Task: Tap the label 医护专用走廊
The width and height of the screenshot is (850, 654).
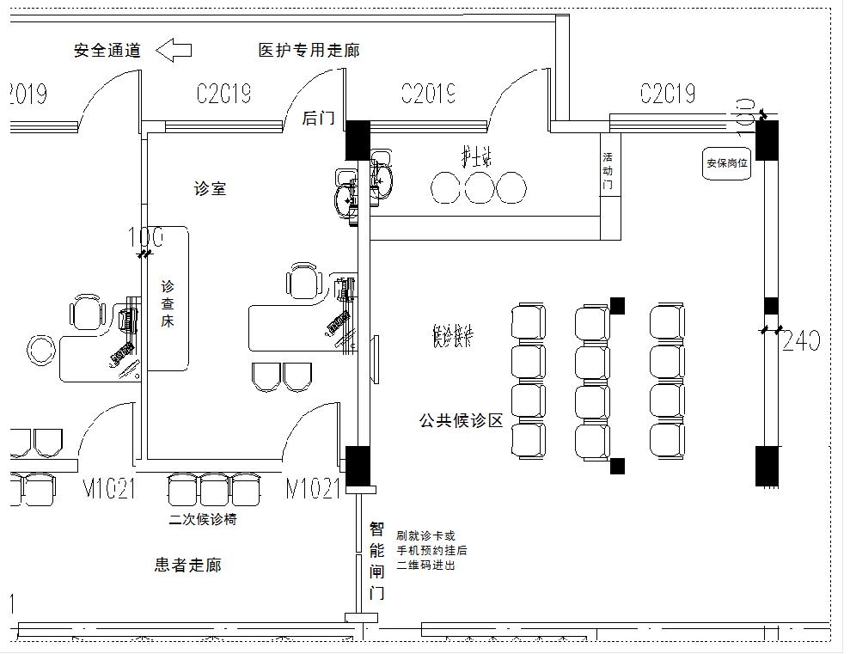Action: pyautogui.click(x=309, y=50)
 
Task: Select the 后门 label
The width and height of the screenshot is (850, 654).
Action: pyautogui.click(x=318, y=119)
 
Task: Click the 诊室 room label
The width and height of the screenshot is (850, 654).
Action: pyautogui.click(x=210, y=188)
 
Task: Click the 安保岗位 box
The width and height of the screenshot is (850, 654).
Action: pyautogui.click(x=727, y=162)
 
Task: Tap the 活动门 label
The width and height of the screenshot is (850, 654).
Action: pyautogui.click(x=608, y=171)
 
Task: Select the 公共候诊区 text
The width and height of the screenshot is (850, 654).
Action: pyautogui.click(x=461, y=420)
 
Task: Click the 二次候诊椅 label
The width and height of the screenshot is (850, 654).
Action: pyautogui.click(x=203, y=519)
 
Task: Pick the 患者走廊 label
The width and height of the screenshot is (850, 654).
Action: pyautogui.click(x=187, y=565)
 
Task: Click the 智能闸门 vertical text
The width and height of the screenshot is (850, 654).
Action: pyautogui.click(x=376, y=560)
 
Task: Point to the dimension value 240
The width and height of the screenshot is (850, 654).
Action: pyautogui.click(x=801, y=341)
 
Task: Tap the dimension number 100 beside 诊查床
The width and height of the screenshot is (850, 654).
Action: pyautogui.click(x=144, y=237)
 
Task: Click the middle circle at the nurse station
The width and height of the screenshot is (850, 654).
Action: pyautogui.click(x=478, y=187)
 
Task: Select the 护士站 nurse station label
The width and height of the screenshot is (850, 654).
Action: pyautogui.click(x=475, y=157)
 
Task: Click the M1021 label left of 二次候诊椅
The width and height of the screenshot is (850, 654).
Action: pyautogui.click(x=109, y=489)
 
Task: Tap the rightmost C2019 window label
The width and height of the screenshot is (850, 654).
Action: pyautogui.click(x=667, y=93)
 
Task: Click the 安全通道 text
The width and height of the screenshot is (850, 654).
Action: pyautogui.click(x=107, y=50)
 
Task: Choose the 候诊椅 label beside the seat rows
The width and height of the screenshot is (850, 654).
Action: pyautogui.click(x=453, y=337)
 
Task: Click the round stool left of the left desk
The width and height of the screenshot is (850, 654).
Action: pyautogui.click(x=40, y=349)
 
